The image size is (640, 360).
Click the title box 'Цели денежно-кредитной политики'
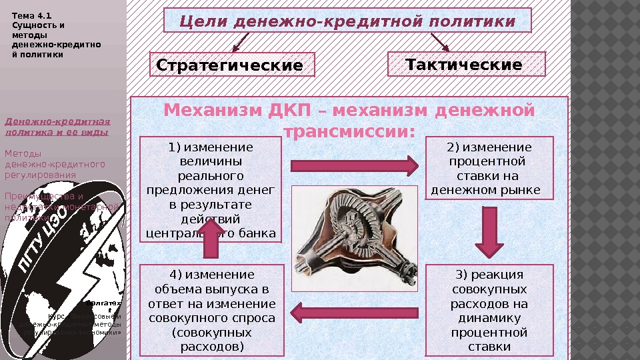pyautogui.click(x=347, y=21)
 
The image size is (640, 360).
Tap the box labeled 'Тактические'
pyautogui.click(x=466, y=65)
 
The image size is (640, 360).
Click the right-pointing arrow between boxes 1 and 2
pyautogui.click(x=354, y=165)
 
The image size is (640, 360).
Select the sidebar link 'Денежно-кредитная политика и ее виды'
pyautogui.click(x=57, y=127)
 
